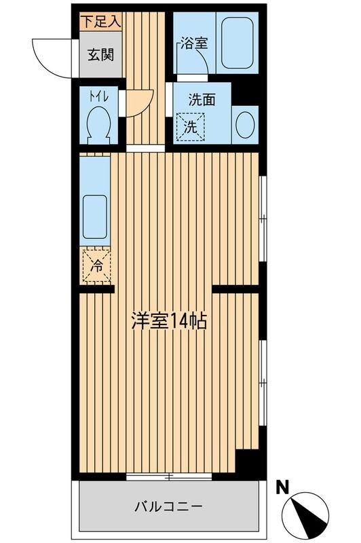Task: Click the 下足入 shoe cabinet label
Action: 101,20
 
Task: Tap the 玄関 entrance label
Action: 99,54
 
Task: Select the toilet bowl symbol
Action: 99,125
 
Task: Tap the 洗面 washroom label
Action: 202,99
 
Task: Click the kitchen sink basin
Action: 94,216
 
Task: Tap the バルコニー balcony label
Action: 168,506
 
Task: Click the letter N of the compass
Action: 283,486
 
